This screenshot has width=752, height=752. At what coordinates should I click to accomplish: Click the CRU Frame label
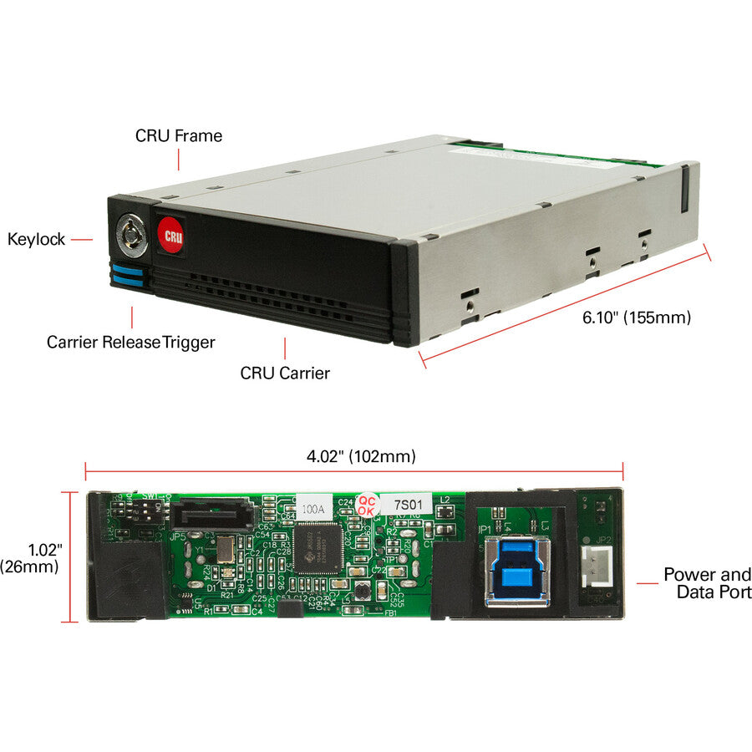click(179, 135)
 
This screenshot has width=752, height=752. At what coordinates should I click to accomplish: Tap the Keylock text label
click(36, 240)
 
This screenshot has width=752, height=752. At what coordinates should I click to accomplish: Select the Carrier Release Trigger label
click(131, 342)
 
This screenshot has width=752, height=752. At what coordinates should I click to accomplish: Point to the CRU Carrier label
click(285, 373)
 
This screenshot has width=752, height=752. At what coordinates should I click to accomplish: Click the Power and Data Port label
click(707, 583)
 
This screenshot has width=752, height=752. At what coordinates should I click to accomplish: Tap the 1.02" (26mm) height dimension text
click(30, 558)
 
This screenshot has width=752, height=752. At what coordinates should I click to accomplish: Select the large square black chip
click(318, 548)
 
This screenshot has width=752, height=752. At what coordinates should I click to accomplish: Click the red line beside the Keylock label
click(82, 240)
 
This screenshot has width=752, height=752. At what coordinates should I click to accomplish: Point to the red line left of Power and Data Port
click(648, 582)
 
